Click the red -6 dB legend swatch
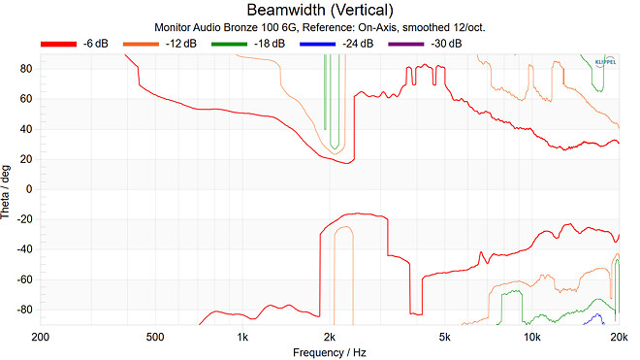pos(57,43)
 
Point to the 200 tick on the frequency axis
pos(40,337)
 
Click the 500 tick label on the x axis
pos(153,337)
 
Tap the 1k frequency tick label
pos(242,337)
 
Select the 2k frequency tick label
pos(330,337)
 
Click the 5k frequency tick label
pos(444,337)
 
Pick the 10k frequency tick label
pos(531,337)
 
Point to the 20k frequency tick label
pos(619,337)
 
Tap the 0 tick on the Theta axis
pos(30,189)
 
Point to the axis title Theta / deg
pos(7,189)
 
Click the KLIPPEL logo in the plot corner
pos(605,62)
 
